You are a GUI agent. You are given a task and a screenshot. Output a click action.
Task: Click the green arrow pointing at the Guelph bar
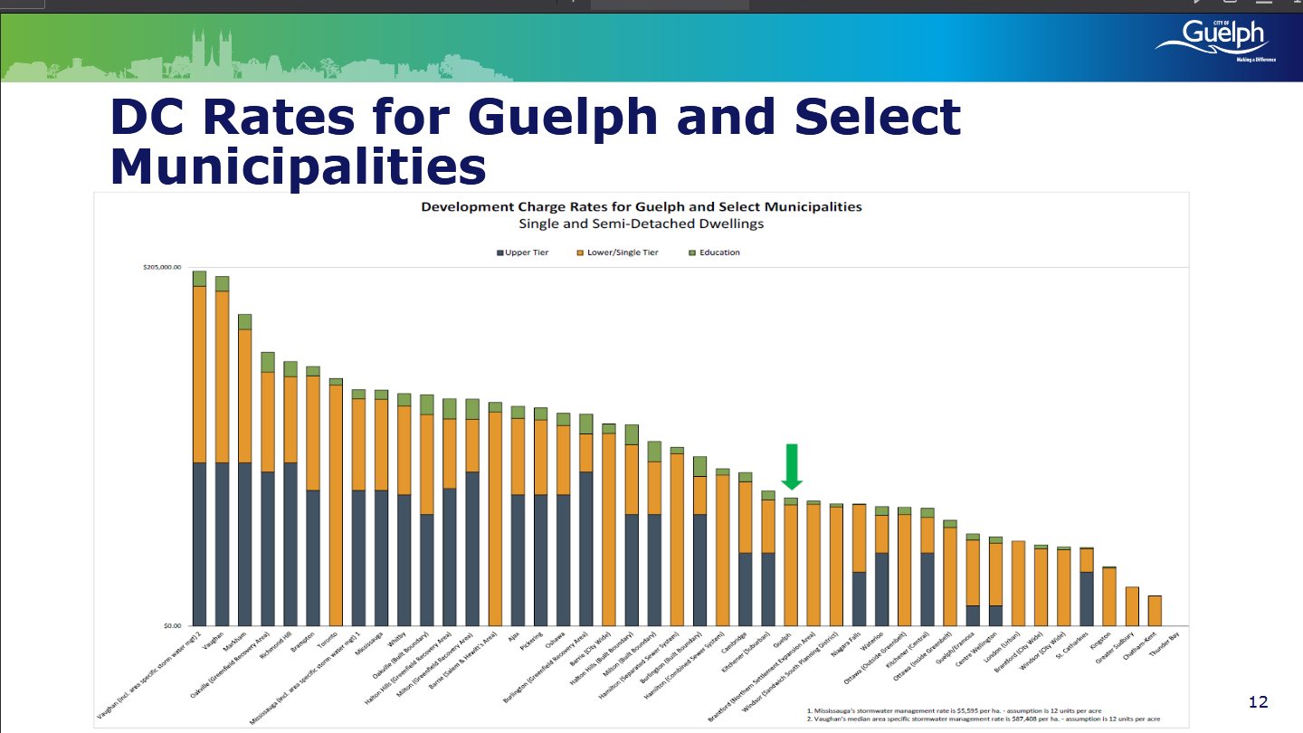point(792,465)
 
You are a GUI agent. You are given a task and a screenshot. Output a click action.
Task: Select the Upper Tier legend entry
point(523,252)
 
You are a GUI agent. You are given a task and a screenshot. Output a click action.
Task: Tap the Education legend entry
point(715,252)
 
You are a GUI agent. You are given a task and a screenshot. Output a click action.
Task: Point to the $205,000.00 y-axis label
point(162,268)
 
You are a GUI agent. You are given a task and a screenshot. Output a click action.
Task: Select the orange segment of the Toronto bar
point(336,503)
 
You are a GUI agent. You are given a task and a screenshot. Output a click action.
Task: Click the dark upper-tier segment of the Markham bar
point(244,543)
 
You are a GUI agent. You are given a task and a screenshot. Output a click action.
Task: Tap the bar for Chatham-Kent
point(1155,610)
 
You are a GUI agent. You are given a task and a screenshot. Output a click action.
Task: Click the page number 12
point(1258,702)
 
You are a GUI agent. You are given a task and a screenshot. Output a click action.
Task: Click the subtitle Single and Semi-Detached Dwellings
point(642,224)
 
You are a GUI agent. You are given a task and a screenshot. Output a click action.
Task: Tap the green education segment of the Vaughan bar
point(222,283)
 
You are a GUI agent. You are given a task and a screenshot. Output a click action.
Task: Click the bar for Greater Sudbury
point(1131,605)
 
